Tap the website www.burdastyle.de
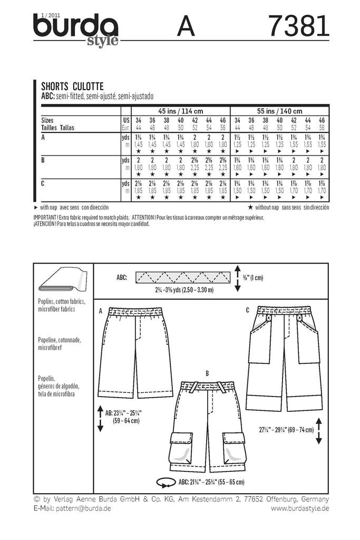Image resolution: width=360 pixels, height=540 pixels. click(300, 508)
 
